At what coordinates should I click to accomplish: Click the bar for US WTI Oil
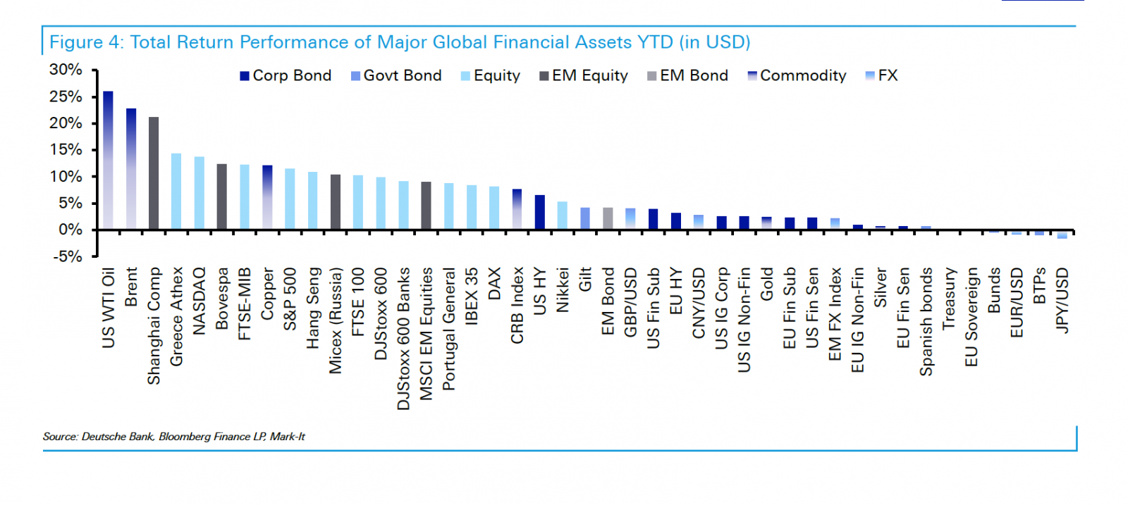(108, 161)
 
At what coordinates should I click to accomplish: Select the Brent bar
(131, 169)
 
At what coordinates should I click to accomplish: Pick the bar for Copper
(267, 197)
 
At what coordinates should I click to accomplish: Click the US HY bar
(540, 212)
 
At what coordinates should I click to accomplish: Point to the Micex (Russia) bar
(336, 202)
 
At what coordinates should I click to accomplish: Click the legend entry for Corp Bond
(286, 75)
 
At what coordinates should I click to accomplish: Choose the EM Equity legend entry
(584, 75)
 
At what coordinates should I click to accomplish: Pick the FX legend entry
(882, 75)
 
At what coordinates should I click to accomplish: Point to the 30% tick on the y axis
(66, 70)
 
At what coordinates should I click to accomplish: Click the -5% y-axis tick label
(67, 256)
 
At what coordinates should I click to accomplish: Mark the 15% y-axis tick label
(66, 149)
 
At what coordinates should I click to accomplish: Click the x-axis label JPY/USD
(1062, 300)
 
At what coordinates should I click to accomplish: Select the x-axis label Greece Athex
(176, 316)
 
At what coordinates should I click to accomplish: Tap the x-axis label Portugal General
(449, 329)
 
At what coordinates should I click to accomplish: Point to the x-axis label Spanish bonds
(926, 321)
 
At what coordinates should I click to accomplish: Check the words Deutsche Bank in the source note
(118, 437)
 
